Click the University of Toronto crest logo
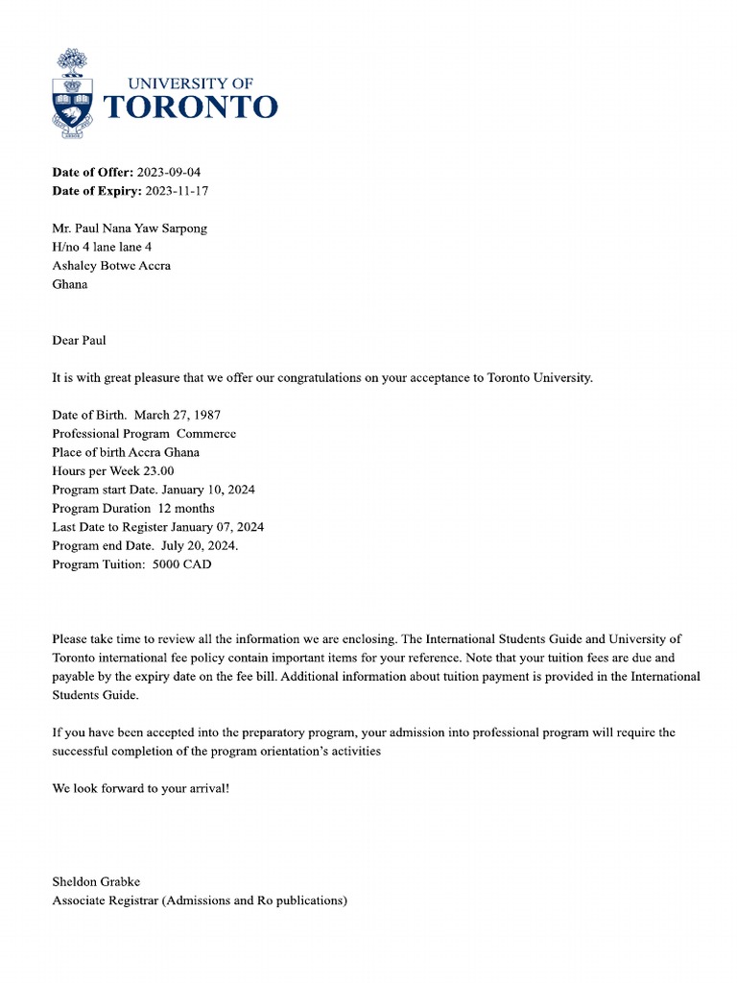click(72, 95)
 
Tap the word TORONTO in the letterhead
click(190, 107)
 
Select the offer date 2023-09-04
click(169, 173)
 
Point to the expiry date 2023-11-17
click(177, 191)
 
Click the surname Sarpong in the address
click(182, 228)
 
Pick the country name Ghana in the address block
click(69, 284)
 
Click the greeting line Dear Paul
click(79, 340)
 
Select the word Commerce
click(206, 434)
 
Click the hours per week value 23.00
click(157, 471)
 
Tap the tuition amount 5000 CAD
click(181, 564)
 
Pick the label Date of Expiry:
click(96, 191)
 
